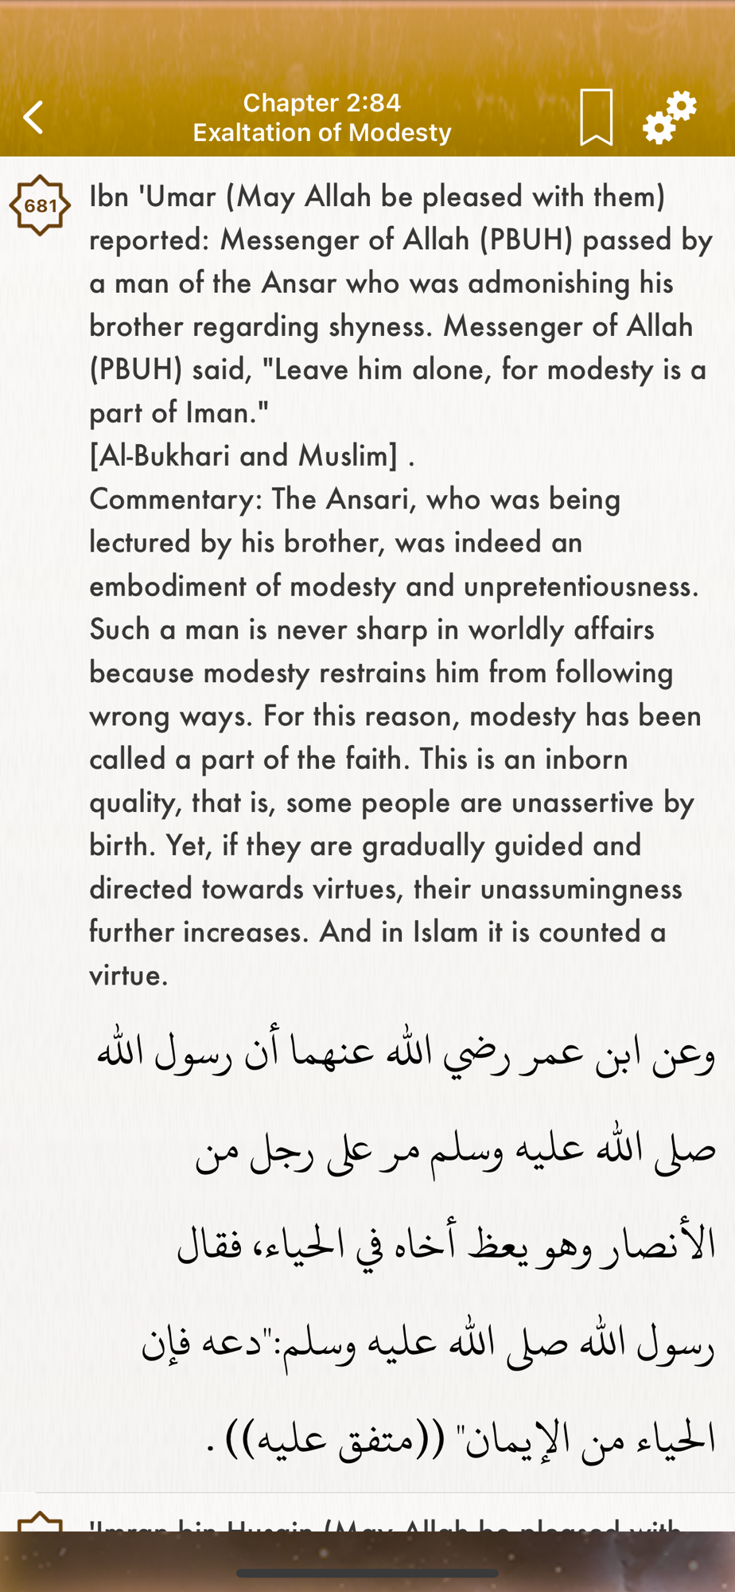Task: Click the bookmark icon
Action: click(x=596, y=118)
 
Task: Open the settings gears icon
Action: click(x=670, y=117)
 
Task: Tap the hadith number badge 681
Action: click(x=40, y=205)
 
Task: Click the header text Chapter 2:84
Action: click(x=321, y=103)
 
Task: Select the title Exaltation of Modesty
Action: click(x=321, y=132)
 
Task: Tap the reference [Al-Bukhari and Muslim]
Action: click(x=243, y=456)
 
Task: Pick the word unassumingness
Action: click(x=581, y=889)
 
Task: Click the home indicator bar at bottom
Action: click(x=367, y=1573)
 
